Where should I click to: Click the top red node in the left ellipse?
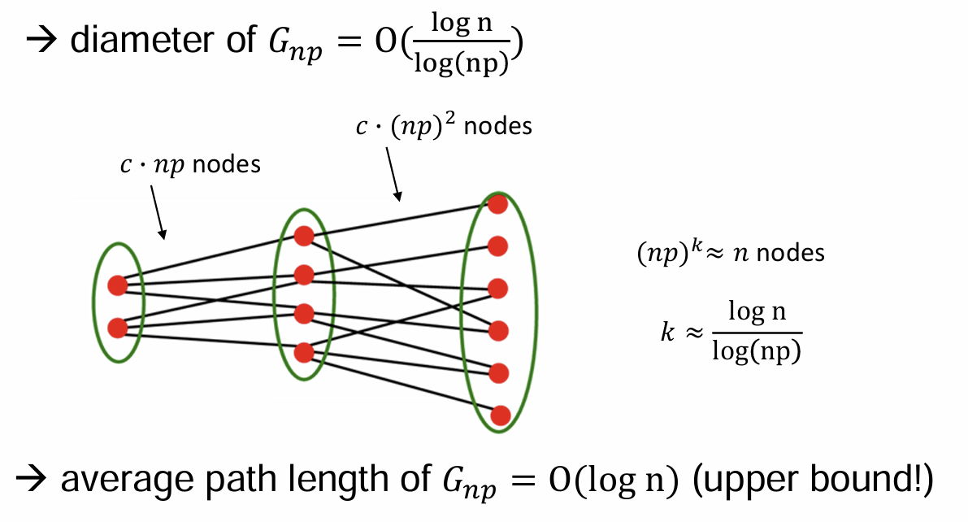point(117,285)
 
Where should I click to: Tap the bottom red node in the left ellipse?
point(117,328)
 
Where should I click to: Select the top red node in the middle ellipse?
point(304,236)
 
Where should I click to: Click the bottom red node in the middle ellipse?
point(304,353)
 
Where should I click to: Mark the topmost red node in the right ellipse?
point(498,204)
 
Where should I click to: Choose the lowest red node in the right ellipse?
point(500,415)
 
